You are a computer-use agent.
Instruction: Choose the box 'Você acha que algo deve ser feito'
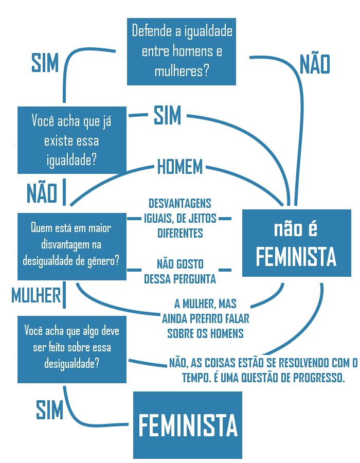(x=72, y=347)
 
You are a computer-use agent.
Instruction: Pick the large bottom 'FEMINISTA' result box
(x=188, y=425)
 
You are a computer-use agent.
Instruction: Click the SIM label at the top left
(x=45, y=63)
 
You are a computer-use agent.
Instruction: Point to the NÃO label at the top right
(x=314, y=65)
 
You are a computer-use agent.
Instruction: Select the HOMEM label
(x=180, y=167)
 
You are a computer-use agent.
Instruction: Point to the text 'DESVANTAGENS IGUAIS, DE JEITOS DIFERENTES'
(x=179, y=218)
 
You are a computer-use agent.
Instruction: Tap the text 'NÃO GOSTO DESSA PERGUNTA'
(x=179, y=272)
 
